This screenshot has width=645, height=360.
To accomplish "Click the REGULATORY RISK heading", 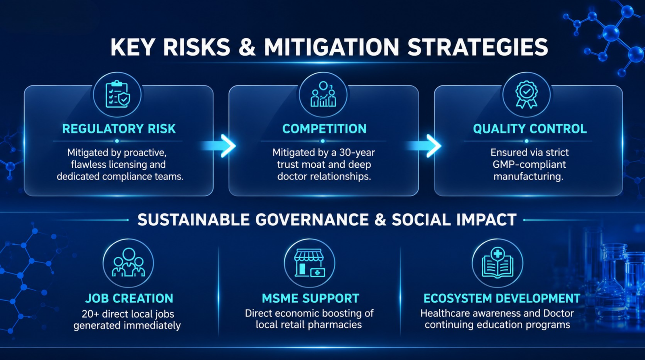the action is [119, 129].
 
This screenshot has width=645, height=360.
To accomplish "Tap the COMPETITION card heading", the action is [324, 129].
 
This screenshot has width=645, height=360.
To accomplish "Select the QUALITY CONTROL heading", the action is [530, 129].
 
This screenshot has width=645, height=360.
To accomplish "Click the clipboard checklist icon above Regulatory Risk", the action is [117, 94].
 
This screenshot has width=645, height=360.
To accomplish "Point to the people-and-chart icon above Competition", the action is [323, 94].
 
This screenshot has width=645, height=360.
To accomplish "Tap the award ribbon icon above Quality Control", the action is [526, 94].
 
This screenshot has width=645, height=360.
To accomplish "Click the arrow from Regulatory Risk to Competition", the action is [219, 146].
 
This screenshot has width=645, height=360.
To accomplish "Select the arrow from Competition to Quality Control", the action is [424, 146].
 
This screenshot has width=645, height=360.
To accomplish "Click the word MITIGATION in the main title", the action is [331, 47].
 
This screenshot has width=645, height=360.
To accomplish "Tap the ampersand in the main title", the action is [247, 47].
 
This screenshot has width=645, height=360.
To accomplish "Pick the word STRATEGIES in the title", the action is [478, 47].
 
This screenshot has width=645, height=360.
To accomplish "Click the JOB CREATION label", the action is [129, 298].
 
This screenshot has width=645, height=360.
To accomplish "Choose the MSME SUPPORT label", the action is [310, 298].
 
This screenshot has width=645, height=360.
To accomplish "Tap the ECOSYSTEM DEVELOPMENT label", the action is [501, 298].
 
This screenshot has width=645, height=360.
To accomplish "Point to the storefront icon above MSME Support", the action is [310, 263].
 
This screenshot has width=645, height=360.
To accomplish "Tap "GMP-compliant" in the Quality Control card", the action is [529, 164].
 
